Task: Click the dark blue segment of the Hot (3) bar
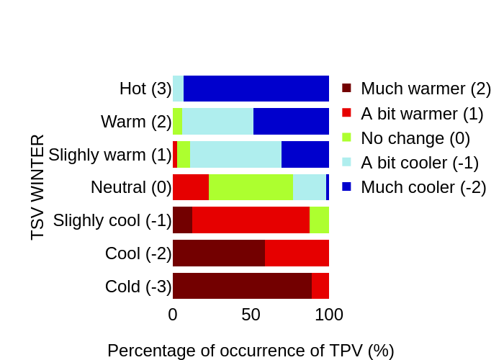tap(256, 89)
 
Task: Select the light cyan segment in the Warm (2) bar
tap(217, 122)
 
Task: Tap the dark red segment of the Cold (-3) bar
tap(242, 286)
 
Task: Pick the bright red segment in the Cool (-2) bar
tap(297, 253)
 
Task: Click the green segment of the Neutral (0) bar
tap(251, 187)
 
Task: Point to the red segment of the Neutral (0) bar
tap(191, 187)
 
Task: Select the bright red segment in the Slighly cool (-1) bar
tap(251, 220)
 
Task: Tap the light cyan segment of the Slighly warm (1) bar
tap(235, 155)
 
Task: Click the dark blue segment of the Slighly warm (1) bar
tap(305, 155)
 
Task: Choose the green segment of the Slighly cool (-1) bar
tap(319, 220)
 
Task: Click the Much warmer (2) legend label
tap(426, 89)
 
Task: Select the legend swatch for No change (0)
tap(346, 138)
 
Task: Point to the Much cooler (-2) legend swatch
tap(346, 186)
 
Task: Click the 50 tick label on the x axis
tap(251, 315)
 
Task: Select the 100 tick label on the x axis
tap(329, 315)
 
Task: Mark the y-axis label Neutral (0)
tap(131, 187)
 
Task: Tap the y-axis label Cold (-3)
tap(138, 287)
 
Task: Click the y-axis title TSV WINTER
tap(37, 186)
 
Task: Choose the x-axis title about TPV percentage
tap(251, 351)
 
